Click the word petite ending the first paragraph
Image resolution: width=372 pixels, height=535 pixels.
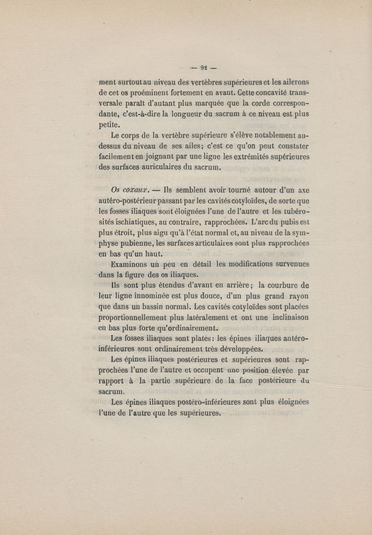pos(111,125)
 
